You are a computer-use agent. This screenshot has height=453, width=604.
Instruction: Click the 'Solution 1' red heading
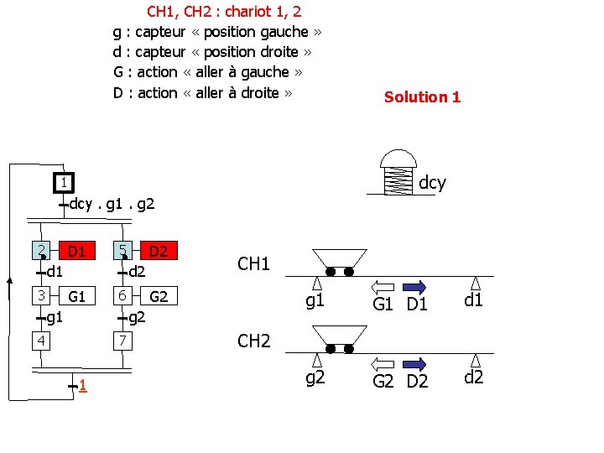pos(422,96)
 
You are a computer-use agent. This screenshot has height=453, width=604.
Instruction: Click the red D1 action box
pos(76,251)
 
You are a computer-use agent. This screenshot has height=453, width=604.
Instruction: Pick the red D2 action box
pos(158,251)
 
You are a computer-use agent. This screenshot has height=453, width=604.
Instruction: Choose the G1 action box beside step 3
pos(77,296)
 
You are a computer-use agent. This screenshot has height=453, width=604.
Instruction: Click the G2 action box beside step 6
pos(159,296)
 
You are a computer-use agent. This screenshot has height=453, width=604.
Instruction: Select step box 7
pos(122,341)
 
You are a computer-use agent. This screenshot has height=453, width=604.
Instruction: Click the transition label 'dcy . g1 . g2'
pos(112,203)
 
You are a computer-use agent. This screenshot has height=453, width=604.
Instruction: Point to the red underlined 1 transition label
pos(82,385)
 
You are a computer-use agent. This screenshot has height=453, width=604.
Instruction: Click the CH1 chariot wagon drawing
pos(338,261)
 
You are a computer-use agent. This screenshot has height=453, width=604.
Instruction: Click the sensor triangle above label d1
pos(474,283)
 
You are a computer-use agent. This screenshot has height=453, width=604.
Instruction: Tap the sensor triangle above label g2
pos(315,360)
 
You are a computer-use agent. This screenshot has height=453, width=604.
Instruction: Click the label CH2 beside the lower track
pos(253,341)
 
